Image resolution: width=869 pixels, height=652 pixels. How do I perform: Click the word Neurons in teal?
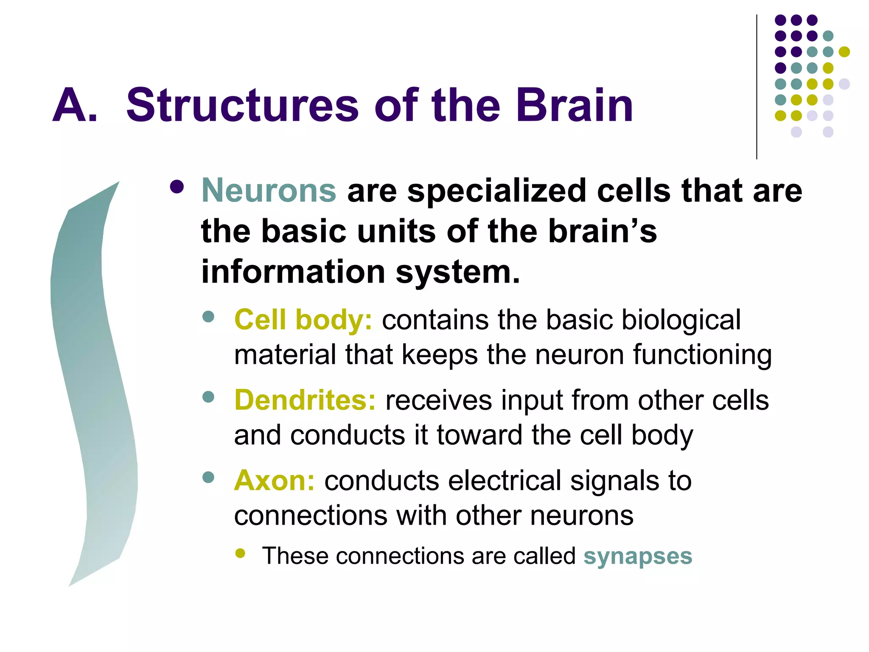click(x=269, y=191)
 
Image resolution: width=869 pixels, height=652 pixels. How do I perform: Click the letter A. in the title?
click(x=75, y=105)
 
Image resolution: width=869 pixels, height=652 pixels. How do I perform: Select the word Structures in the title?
click(x=243, y=105)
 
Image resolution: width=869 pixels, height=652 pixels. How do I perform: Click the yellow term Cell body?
click(x=303, y=320)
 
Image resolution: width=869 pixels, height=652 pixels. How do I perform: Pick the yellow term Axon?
click(x=274, y=481)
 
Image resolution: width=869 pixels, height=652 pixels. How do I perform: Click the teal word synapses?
click(x=638, y=556)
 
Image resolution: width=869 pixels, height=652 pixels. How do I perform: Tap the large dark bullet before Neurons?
click(x=177, y=187)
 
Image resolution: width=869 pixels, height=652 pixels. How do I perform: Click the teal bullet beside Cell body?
click(x=208, y=317)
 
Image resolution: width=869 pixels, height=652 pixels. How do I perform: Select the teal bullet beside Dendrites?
click(x=208, y=397)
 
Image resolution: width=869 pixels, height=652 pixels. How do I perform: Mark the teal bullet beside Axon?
click(x=208, y=477)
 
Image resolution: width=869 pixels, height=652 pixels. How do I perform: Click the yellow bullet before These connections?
click(x=240, y=553)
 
